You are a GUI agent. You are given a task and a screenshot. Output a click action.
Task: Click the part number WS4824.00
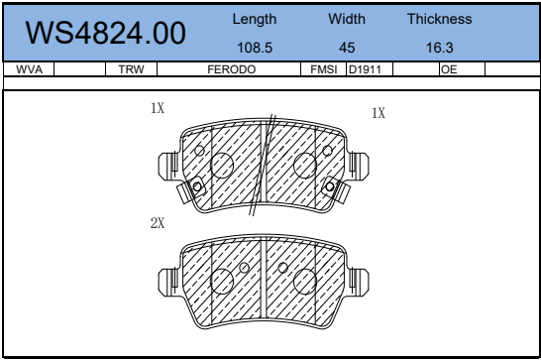[106, 33]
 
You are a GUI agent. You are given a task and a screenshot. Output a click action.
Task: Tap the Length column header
[255, 19]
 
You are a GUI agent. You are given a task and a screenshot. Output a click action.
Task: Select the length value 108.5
[255, 48]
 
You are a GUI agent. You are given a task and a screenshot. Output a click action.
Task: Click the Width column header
[347, 19]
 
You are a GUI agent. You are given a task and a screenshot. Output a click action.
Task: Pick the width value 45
[347, 48]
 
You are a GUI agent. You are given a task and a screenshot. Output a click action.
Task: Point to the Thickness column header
[439, 19]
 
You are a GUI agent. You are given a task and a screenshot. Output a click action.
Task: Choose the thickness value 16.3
[439, 48]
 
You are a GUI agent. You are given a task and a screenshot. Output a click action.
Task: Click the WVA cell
[29, 69]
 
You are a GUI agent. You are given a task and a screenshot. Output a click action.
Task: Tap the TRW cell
[131, 69]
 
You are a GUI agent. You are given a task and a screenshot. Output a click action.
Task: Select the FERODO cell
[232, 69]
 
